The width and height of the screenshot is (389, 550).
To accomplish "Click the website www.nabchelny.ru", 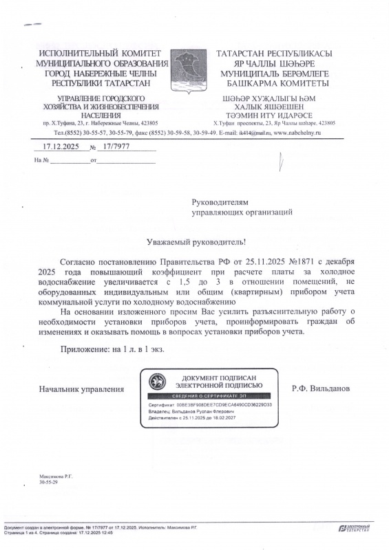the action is [x=297, y=132].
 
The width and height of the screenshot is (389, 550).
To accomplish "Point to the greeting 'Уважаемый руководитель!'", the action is [x=196, y=243].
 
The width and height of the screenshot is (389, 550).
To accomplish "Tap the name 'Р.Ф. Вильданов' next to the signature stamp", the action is [x=321, y=389].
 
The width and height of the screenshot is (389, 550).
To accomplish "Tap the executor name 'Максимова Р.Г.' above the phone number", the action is [x=55, y=476].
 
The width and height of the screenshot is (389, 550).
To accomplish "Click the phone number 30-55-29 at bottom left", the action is [x=48, y=483].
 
